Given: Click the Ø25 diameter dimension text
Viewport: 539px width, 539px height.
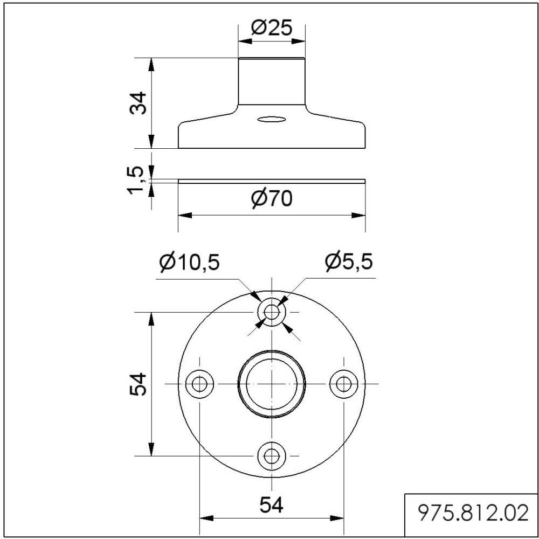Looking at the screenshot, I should [272, 28].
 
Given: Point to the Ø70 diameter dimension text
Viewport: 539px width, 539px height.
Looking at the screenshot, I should [272, 199].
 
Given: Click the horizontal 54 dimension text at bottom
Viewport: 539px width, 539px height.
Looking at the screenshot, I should [271, 505].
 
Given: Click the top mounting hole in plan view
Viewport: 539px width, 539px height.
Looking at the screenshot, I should [272, 312].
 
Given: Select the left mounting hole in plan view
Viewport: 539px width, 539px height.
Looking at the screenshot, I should [199, 384].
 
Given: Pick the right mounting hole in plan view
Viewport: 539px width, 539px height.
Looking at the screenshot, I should [343, 384].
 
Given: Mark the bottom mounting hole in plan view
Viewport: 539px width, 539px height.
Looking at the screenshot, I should [272, 456].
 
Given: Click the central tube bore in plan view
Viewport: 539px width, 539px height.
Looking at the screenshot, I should [272, 384].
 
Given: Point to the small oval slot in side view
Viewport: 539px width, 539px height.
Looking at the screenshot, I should [272, 119].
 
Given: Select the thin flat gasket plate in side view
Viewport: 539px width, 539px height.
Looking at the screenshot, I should [272, 181].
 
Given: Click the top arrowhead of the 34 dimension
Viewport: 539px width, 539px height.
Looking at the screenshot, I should [152, 64].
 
